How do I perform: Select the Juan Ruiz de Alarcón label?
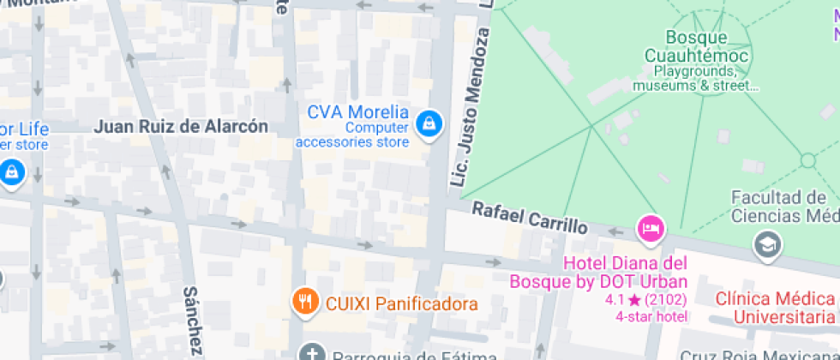click(x=181, y=127)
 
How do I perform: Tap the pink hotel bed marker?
click(x=651, y=229)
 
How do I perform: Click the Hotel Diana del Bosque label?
click(x=598, y=272)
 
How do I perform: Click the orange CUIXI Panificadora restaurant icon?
click(x=303, y=302)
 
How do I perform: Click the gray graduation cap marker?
click(x=766, y=246)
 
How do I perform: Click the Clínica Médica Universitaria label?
click(x=775, y=308)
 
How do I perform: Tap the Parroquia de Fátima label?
click(x=402, y=355)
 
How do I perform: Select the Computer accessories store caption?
click(x=352, y=135)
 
